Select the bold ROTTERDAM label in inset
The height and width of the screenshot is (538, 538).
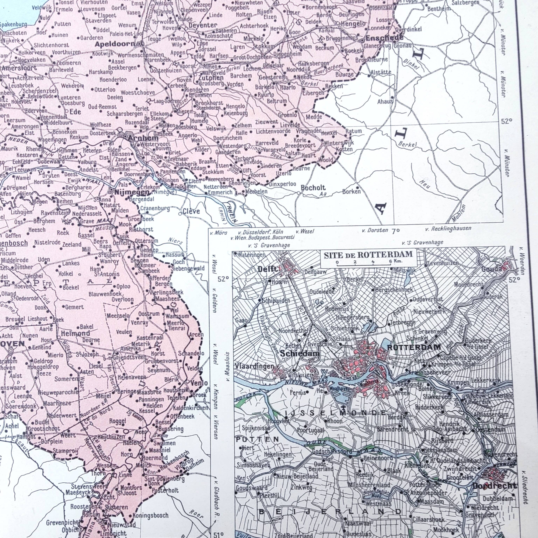click(414, 347)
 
